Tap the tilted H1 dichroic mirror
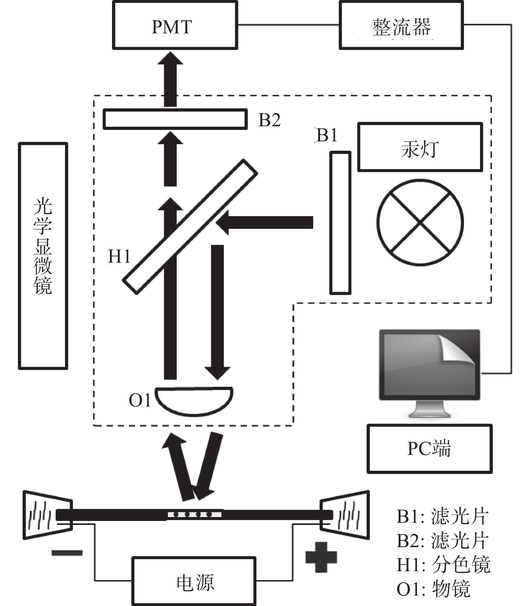(190, 227)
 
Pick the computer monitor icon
(430, 373)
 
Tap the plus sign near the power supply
(321, 557)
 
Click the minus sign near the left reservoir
(67, 553)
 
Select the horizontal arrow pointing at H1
(264, 222)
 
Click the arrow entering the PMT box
(171, 79)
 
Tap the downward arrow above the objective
(218, 312)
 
